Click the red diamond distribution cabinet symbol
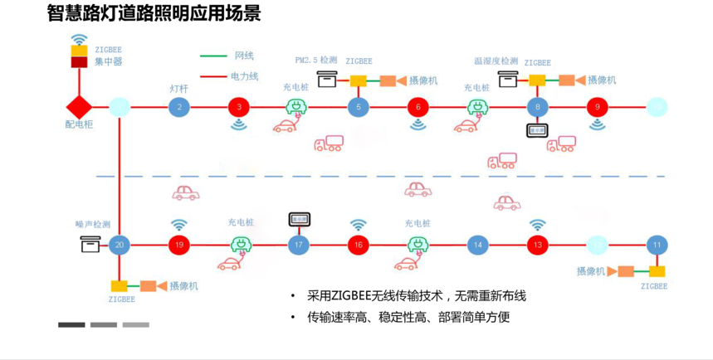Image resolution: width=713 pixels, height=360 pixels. coord(79,107)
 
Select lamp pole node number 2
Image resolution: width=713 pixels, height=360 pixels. coord(179,107)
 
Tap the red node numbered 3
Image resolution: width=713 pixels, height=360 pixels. coord(239,107)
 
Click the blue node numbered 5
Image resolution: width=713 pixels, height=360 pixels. coord(359,107)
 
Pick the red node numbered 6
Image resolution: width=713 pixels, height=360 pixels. coord(418,107)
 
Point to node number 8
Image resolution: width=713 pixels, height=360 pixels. coord(538,107)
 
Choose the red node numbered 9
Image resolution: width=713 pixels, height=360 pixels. coord(598,107)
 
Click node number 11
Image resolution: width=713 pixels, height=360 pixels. coord(657,245)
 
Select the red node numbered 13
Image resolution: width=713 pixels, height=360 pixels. coord(538,245)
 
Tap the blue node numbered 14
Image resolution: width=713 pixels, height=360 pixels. coord(477,245)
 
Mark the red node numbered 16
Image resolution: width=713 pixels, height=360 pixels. coord(359,245)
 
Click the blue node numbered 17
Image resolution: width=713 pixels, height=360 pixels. coord(299,245)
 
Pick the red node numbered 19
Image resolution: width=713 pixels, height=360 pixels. coord(179,245)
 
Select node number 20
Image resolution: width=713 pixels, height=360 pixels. coord(120,245)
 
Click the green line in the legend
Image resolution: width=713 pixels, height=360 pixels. coord(214,56)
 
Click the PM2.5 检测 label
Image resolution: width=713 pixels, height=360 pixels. coord(316,61)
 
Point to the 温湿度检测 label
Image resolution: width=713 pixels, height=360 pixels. coord(496,61)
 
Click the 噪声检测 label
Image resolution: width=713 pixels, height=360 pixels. coord(92,224)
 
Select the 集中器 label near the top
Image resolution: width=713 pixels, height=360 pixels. coord(109,61)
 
